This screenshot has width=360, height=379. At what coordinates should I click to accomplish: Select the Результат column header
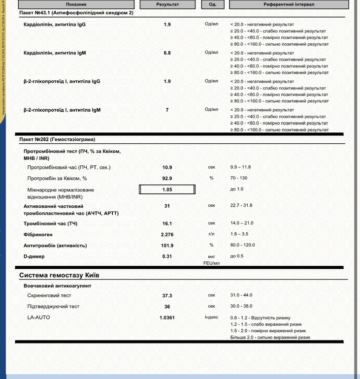click(x=167, y=4)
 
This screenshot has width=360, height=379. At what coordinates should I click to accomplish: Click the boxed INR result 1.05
click(x=167, y=189)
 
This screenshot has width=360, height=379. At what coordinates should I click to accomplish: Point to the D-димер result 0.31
click(x=167, y=256)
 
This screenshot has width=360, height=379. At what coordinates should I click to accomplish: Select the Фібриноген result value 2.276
click(x=167, y=235)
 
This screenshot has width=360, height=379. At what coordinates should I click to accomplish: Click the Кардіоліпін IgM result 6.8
click(x=167, y=53)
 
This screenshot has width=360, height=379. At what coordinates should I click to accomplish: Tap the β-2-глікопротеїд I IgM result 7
click(x=167, y=110)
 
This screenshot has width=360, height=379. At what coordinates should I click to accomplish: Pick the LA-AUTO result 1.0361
click(x=167, y=318)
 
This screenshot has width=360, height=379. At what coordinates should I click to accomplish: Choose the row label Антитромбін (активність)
click(x=55, y=245)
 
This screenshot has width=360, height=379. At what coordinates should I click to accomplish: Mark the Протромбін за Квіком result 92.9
click(x=167, y=178)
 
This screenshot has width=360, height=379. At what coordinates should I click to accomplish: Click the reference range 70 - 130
click(x=239, y=178)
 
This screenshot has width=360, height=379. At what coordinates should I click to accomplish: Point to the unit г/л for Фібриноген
click(x=212, y=234)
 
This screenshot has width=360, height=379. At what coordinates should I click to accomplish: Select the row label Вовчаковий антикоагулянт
click(x=57, y=286)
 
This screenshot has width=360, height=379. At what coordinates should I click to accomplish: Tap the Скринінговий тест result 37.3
click(x=167, y=296)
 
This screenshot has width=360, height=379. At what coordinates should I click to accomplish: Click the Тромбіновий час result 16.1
click(x=167, y=223)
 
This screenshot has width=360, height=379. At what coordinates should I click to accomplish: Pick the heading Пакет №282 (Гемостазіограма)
click(x=57, y=140)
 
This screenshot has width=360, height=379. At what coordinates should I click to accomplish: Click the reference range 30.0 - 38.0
click(x=241, y=306)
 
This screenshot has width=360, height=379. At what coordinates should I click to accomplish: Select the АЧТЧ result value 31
click(x=167, y=206)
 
